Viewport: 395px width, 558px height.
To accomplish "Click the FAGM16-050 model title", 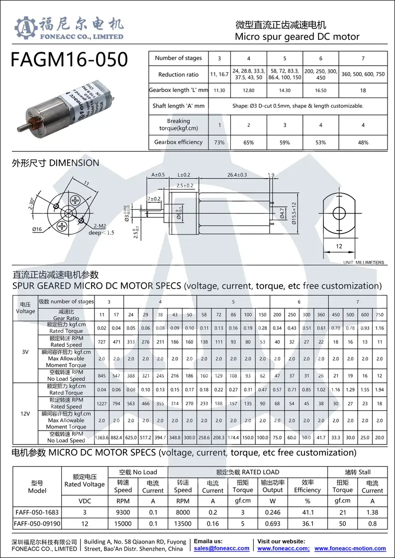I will [x=69, y=59].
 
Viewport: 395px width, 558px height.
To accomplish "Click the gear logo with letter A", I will [x=26, y=28].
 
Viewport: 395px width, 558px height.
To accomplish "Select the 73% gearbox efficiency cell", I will [x=219, y=142].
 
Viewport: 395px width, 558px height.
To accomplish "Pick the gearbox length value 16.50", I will [x=321, y=91].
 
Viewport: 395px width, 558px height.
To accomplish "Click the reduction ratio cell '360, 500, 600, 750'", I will [x=363, y=74].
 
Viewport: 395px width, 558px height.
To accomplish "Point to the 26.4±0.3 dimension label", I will [x=237, y=175].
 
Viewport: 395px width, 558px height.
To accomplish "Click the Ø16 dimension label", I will [x=37, y=229].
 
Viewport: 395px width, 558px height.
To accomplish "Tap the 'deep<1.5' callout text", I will [x=101, y=232].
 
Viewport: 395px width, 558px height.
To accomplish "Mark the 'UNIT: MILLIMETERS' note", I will [x=364, y=262].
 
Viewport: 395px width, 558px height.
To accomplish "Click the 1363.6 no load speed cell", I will [x=101, y=438].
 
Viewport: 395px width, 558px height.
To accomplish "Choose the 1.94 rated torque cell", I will [x=380, y=389].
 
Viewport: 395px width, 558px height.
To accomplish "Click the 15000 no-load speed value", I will [x=123, y=524].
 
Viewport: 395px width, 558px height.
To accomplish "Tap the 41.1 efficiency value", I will [x=307, y=512].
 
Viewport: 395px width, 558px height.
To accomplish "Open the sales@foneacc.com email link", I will [x=221, y=548].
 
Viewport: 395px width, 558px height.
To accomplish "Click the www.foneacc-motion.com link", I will [x=350, y=548].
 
